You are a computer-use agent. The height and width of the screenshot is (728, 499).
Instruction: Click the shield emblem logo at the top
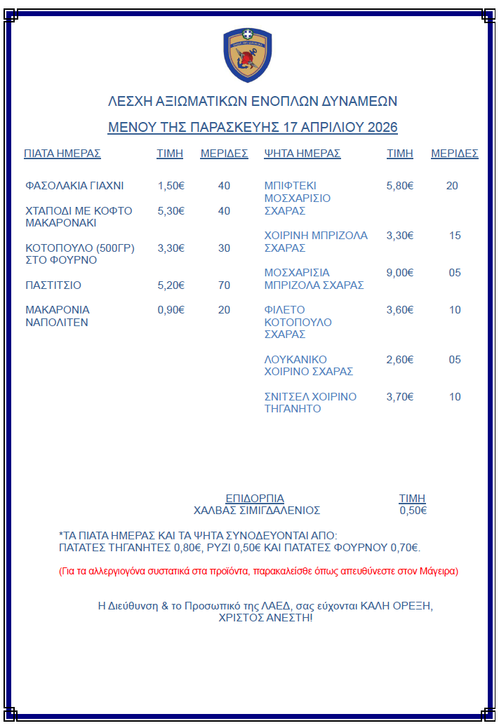click(247, 55)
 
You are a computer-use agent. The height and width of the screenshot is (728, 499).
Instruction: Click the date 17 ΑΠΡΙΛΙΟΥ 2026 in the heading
click(340, 127)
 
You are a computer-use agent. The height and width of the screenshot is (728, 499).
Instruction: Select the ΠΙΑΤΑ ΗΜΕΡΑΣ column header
click(62, 154)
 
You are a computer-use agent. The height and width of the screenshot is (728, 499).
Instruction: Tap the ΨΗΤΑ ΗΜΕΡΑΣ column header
click(302, 154)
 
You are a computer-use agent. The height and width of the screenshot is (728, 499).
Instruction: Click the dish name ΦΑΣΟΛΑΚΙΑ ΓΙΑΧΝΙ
click(74, 186)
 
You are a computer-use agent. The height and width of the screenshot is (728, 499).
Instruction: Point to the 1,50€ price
click(171, 186)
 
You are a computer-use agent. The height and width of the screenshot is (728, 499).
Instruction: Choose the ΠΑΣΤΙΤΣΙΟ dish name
click(53, 285)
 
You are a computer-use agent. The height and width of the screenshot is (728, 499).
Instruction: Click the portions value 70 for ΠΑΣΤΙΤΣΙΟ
click(224, 285)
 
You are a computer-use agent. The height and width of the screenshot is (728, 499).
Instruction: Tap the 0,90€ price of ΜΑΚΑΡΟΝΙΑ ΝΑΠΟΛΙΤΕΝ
click(171, 310)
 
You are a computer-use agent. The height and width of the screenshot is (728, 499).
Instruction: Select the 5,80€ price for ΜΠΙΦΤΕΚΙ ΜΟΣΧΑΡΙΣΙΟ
click(400, 186)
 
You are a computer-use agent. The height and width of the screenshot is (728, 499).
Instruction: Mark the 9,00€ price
click(400, 273)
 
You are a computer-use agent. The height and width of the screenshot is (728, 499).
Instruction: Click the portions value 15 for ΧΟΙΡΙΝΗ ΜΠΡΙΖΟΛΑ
click(455, 236)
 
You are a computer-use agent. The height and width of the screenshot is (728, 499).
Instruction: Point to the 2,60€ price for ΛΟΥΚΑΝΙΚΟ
click(400, 360)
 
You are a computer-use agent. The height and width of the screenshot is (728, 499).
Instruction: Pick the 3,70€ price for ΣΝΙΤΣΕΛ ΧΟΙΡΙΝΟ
click(400, 397)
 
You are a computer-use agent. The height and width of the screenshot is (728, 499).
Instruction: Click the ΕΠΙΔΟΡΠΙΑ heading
click(255, 499)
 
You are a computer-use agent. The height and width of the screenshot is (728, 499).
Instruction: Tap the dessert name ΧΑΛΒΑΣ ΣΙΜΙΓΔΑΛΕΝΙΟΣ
click(257, 511)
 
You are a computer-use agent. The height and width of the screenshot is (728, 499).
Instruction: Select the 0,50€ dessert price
click(413, 511)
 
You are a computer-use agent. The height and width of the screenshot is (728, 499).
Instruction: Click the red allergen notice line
click(258, 571)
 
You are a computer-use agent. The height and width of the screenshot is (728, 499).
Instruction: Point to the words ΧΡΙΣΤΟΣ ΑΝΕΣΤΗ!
click(266, 618)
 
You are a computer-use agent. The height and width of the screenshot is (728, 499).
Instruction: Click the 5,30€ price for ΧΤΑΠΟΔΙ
click(171, 210)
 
